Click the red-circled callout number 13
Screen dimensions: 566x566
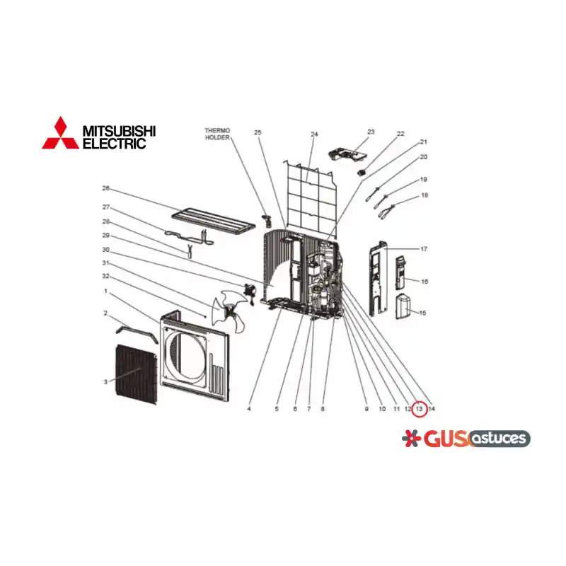pyautogui.click(x=419, y=409)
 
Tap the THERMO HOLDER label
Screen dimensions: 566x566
pyautogui.click(x=217, y=134)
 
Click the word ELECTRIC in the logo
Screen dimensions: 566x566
pyautogui.click(x=115, y=143)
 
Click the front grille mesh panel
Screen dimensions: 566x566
pyautogui.click(x=137, y=374)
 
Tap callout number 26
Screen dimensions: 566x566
pyautogui.click(x=105, y=188)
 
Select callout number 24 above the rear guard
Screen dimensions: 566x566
pyautogui.click(x=314, y=134)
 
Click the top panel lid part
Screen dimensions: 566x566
pyautogui.click(x=214, y=220)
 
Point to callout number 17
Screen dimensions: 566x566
pyautogui.click(x=424, y=249)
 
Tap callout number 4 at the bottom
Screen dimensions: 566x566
pyautogui.click(x=249, y=409)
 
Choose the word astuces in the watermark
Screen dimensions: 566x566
pyautogui.click(x=499, y=438)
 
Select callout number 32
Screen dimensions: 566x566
pyautogui.click(x=105, y=276)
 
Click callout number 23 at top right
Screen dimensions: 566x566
pyautogui.click(x=371, y=132)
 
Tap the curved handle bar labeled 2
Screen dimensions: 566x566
pyautogui.click(x=137, y=330)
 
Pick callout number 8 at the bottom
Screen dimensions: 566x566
pyautogui.click(x=323, y=409)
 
